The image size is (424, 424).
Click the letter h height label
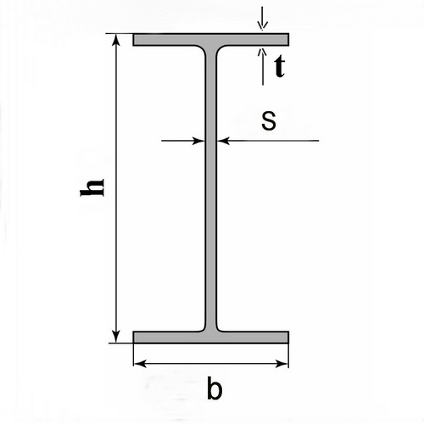(92, 187)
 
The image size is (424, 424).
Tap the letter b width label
(215, 388)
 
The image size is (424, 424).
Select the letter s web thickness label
(269, 120)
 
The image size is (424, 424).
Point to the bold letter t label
(280, 67)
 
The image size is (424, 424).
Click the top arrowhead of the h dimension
(116, 39)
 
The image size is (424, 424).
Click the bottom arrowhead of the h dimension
(115, 337)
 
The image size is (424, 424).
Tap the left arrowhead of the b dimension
(140, 364)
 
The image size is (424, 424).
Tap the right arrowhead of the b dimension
(282, 364)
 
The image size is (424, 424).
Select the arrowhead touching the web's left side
(198, 141)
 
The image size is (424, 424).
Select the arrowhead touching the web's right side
(223, 141)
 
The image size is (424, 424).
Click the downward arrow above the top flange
(263, 18)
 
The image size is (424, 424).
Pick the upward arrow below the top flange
(263, 67)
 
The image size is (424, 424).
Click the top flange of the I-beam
(211, 40)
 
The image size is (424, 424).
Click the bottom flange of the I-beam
(211, 338)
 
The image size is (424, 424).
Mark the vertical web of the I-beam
(211, 188)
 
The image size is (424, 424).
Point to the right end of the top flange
(288, 40)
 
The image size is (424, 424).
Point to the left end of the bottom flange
(133, 338)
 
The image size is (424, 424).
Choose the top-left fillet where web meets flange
(202, 48)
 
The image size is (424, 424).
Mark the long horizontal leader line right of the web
(268, 141)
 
